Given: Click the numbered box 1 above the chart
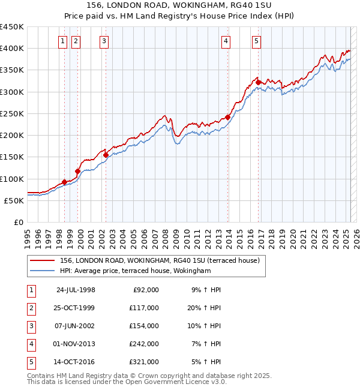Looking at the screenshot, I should point(63,41).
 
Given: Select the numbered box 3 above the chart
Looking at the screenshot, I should point(104,41).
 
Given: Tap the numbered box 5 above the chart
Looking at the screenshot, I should point(256,41).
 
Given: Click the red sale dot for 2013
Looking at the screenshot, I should point(227,117).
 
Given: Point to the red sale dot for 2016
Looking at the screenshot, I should point(259,83).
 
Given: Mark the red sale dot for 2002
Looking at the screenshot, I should point(106,155).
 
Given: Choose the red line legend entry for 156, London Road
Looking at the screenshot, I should point(159,260).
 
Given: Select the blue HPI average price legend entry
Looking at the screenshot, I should point(135,271).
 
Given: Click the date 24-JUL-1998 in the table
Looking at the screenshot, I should point(76,290).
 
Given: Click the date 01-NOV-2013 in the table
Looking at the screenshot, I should point(76,344).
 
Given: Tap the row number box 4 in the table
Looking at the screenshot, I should point(31,344).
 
